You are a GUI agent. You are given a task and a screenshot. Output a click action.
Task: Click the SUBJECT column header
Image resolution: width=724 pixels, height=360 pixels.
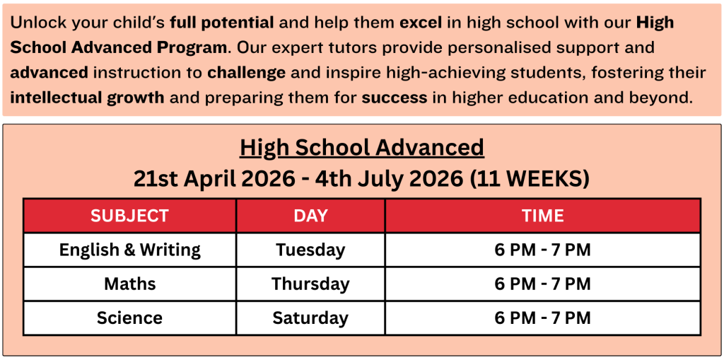[130, 216]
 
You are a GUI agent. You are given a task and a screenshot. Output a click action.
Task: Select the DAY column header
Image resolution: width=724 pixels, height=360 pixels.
[310, 216]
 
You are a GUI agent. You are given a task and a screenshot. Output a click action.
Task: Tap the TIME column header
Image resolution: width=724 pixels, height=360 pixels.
[542, 216]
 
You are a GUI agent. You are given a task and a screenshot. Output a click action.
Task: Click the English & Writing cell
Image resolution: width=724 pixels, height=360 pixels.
[130, 250]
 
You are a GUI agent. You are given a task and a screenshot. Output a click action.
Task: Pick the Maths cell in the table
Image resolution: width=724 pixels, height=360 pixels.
[130, 284]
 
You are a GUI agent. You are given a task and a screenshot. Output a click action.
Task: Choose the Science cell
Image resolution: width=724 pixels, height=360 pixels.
[130, 318]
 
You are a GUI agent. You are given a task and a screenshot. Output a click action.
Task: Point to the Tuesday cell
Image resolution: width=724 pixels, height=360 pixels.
[310, 250]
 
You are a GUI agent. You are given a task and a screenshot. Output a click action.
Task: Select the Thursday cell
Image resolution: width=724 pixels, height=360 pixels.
[310, 284]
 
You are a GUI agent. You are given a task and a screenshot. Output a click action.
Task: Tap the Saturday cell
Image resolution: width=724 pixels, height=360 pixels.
[310, 318]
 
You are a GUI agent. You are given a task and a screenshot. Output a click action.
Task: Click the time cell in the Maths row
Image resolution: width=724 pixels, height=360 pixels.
[542, 284]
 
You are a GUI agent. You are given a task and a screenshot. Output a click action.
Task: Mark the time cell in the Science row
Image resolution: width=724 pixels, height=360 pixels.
[542, 318]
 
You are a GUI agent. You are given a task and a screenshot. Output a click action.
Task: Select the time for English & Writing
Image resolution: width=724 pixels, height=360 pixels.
[542, 250]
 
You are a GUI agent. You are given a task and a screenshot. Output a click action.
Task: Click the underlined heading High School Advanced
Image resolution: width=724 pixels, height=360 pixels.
[362, 148]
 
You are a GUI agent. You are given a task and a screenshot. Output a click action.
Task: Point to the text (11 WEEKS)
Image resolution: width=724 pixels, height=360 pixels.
[530, 180]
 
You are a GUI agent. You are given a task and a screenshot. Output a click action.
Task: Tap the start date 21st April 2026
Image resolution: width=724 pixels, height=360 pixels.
[214, 180]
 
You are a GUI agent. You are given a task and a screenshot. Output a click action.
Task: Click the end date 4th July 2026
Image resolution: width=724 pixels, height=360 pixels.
[389, 180]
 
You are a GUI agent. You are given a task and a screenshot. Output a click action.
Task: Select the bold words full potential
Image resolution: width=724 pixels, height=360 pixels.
[223, 23]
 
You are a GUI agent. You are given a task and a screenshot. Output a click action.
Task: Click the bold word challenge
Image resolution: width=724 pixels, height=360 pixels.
[247, 73]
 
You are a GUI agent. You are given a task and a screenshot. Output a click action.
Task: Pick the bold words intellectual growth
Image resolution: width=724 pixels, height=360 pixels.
[87, 98]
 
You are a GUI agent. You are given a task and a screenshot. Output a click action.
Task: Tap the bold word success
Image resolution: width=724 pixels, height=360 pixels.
[395, 98]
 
